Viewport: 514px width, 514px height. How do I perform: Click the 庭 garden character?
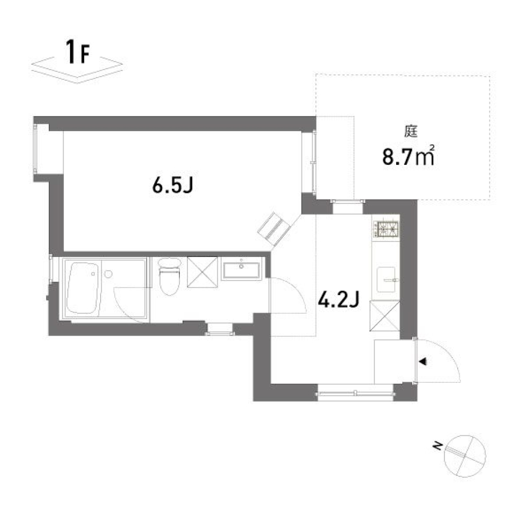coord(411,130)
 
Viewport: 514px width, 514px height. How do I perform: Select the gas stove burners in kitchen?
coord(387,230)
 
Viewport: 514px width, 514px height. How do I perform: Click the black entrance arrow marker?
coord(423,362)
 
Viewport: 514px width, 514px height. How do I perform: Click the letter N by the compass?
coord(438,445)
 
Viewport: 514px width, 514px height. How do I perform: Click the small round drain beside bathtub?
coord(109,274)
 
